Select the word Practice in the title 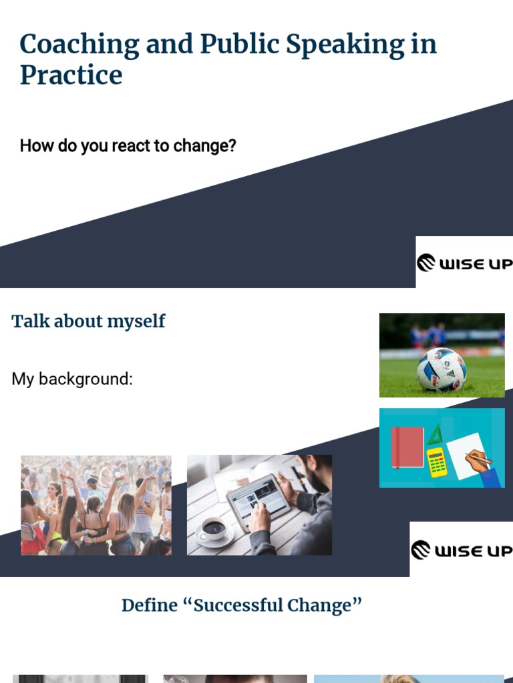coord(71,75)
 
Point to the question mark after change coord(232,145)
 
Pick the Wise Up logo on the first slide coord(464,263)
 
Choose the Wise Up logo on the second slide coord(461,550)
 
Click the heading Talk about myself coord(88,321)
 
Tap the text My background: coord(72,379)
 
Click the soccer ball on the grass coord(441,369)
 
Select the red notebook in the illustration coord(407,446)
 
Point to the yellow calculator coord(437,462)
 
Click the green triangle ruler coord(435,436)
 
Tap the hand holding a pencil coord(480,461)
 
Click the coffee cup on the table coord(213,528)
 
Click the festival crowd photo coord(96,505)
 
